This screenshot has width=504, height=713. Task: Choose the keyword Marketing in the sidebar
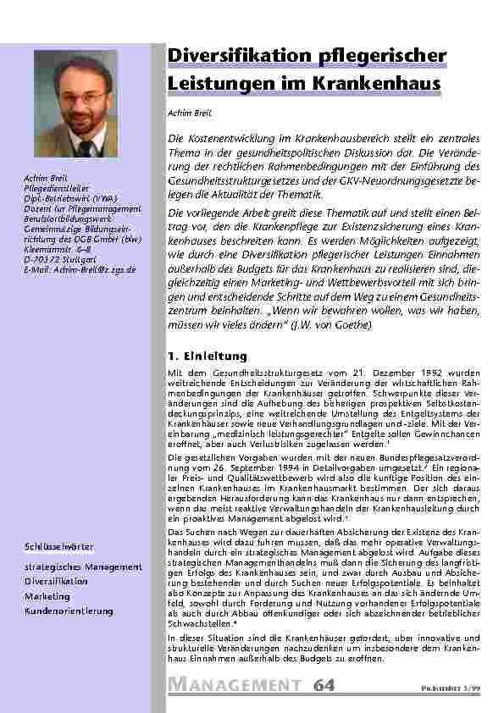pos(47,596)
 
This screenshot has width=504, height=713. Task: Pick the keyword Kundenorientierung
pos(68,611)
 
